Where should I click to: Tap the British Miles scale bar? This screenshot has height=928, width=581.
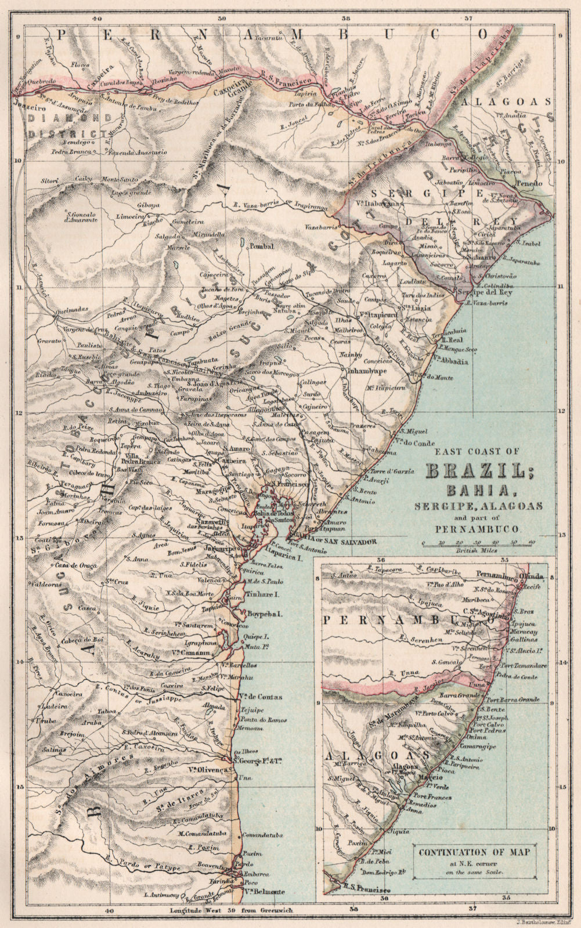tap(478, 544)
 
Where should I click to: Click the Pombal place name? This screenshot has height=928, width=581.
tap(261, 246)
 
